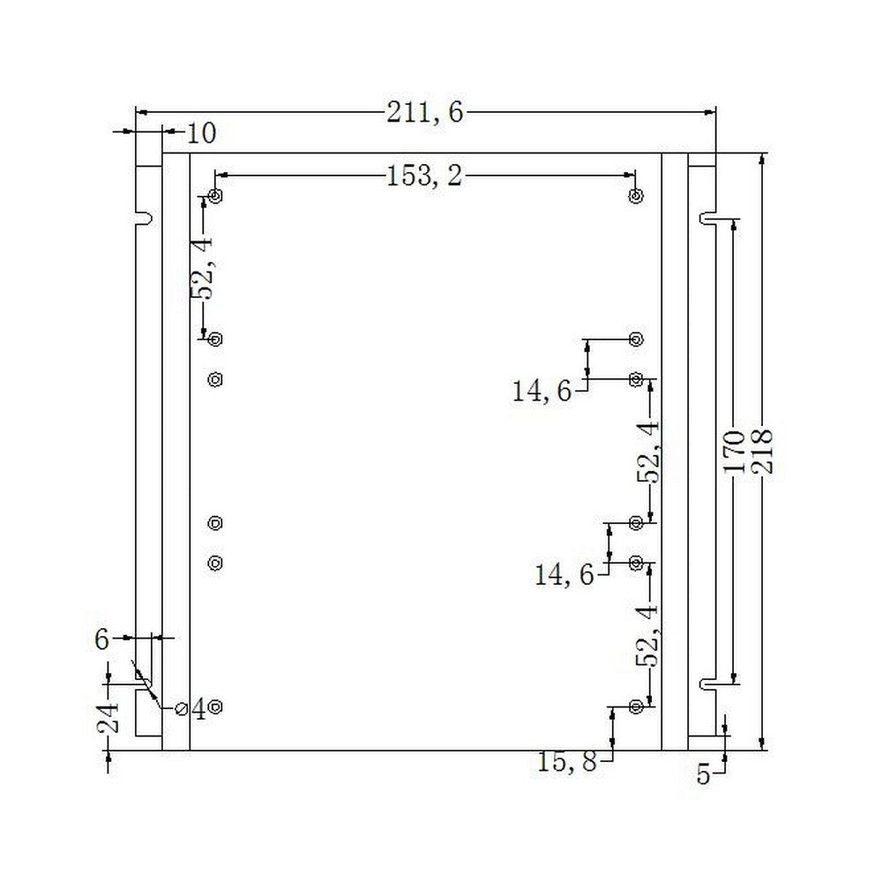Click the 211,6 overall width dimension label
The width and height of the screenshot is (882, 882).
(425, 113)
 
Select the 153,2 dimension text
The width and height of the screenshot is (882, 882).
(424, 176)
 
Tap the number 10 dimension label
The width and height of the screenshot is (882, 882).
(201, 134)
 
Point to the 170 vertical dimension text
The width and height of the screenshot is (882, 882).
(734, 451)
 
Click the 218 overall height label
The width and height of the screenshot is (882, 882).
(763, 451)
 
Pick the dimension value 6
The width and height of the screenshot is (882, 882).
(101, 639)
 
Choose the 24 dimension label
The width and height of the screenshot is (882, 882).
(108, 718)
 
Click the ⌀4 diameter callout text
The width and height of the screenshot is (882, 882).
(191, 709)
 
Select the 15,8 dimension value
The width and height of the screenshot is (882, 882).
(566, 762)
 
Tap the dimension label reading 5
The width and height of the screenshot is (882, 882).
(704, 775)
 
